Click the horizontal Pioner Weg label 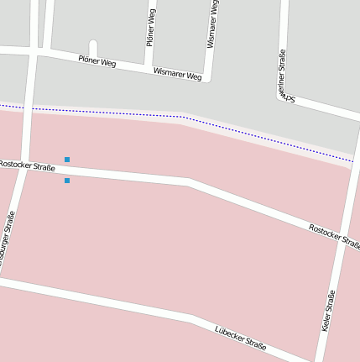click(x=97, y=61)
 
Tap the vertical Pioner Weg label click(x=151, y=28)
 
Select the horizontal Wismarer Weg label click(x=177, y=75)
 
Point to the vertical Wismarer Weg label click(x=212, y=23)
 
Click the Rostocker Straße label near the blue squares click(x=27, y=165)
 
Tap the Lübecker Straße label click(x=241, y=338)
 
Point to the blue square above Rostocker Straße click(x=67, y=159)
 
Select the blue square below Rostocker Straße click(x=67, y=180)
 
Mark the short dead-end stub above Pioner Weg click(x=93, y=47)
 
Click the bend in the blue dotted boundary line click(x=182, y=117)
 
